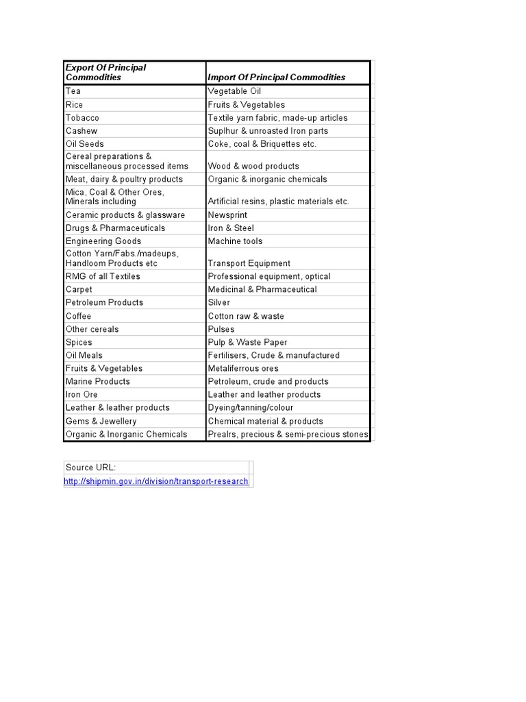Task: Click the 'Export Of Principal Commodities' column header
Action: coord(105,72)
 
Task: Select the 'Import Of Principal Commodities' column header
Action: coord(277,77)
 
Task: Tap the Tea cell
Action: coord(73,91)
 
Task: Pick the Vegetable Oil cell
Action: coord(234,91)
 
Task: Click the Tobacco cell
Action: coord(82,118)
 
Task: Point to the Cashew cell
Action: coord(82,131)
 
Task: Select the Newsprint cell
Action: coord(227,215)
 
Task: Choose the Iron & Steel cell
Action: coord(231,228)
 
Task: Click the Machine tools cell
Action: coord(235,241)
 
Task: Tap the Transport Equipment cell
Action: coord(249,263)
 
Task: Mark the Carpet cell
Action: coord(79,289)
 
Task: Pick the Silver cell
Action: coord(219,302)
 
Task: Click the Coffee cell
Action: coord(78,316)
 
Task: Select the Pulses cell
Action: coord(221,329)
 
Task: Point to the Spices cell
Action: coord(79,342)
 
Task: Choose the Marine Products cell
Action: coord(97,381)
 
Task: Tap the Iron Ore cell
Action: coord(82,394)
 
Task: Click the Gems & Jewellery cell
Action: coord(101,421)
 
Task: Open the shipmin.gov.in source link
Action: coord(156,481)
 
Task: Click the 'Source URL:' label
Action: coord(90,468)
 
